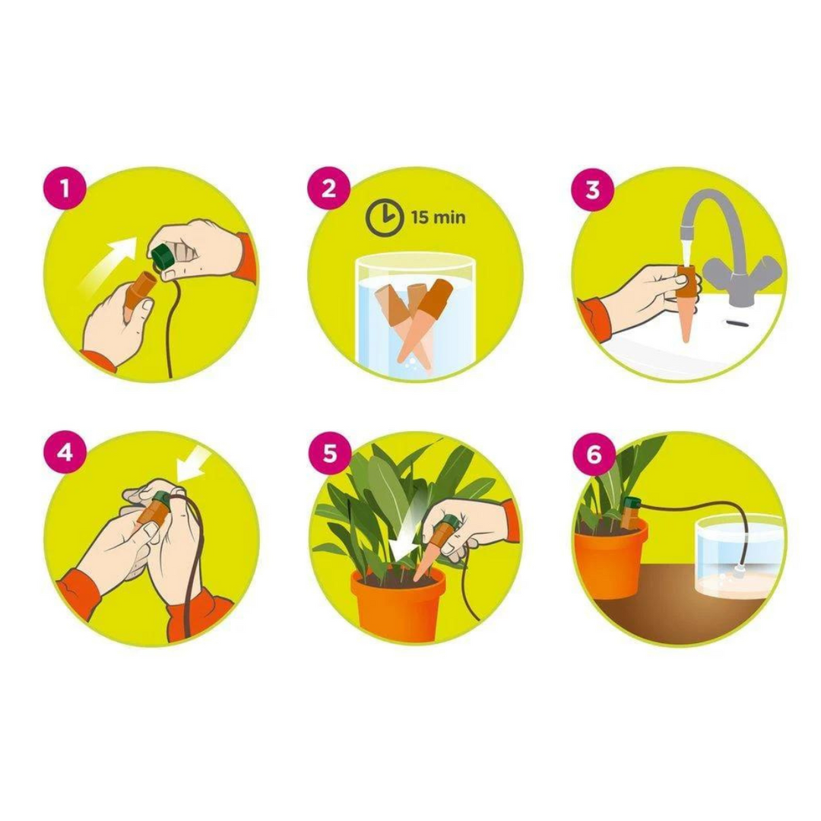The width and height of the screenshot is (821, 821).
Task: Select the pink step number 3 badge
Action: [x=593, y=188]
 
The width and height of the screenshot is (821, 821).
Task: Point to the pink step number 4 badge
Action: [x=64, y=452]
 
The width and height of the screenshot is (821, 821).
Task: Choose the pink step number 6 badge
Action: [x=593, y=454]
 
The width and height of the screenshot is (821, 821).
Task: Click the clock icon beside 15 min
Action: [x=384, y=218]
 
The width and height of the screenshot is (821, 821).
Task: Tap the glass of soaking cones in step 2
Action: [x=415, y=315]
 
